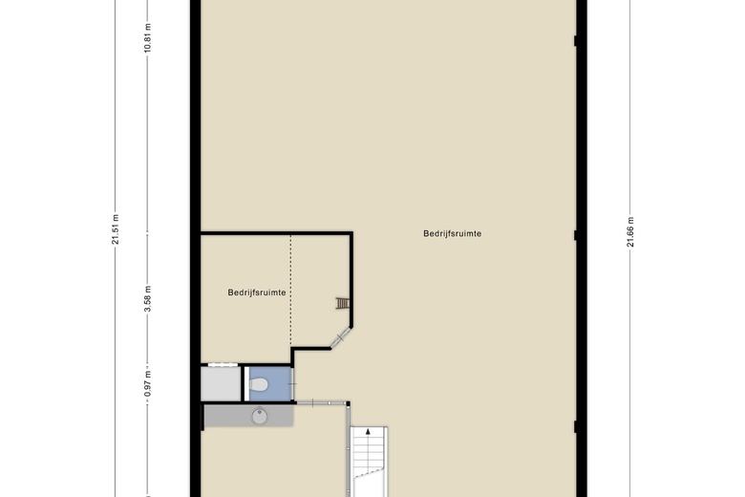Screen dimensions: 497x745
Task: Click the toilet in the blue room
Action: click(x=258, y=385)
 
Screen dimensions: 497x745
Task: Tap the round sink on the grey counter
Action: click(x=258, y=416)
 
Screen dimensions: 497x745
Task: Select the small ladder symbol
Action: click(x=342, y=303)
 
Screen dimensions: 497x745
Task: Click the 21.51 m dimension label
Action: click(x=117, y=229)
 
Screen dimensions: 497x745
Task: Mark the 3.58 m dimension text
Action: click(x=148, y=298)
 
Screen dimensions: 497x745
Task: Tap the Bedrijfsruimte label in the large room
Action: click(x=453, y=233)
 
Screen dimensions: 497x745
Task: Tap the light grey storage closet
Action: click(x=221, y=383)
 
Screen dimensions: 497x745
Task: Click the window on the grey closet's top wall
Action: click(x=222, y=364)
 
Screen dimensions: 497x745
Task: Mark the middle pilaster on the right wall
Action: click(x=576, y=234)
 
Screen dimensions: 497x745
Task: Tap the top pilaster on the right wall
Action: click(x=576, y=40)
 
